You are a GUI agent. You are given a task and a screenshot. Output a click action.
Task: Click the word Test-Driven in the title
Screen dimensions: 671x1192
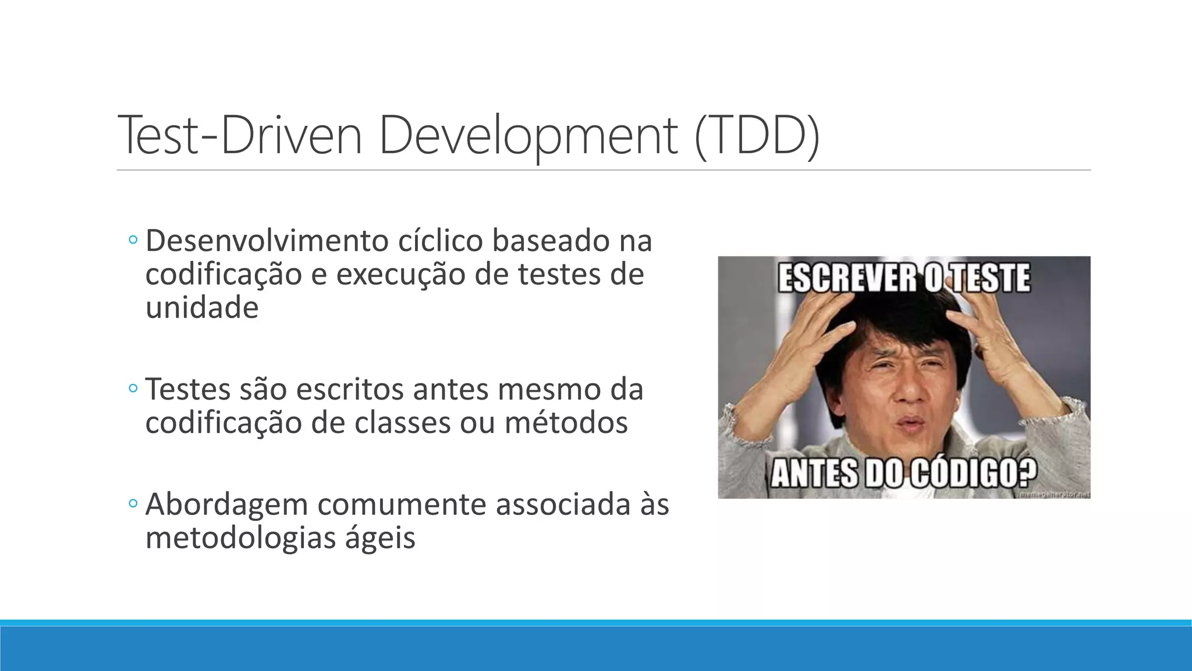pos(239,135)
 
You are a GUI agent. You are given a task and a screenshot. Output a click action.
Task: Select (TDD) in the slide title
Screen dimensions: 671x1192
pos(757,135)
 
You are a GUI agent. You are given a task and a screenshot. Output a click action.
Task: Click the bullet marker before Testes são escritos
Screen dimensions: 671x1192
pos(133,389)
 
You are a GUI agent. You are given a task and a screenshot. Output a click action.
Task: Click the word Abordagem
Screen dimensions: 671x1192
pos(226,504)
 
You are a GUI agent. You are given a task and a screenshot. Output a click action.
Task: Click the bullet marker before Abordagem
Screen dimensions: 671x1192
pos(133,503)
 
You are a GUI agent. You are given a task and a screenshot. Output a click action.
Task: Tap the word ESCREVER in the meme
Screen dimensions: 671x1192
pos(847,278)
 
